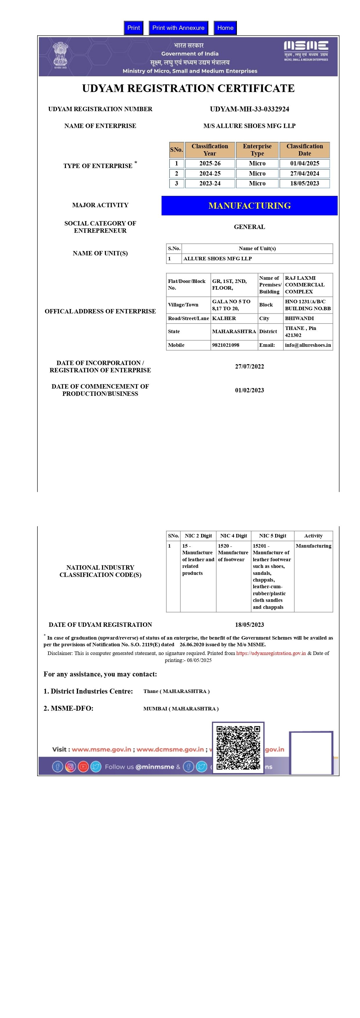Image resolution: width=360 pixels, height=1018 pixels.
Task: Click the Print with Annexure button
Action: pyautogui.click(x=178, y=28)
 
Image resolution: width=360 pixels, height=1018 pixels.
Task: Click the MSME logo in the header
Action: pyautogui.click(x=306, y=50)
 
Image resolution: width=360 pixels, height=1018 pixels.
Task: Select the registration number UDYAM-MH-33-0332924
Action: pyautogui.click(x=249, y=109)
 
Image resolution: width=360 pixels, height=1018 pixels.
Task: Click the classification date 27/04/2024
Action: pyautogui.click(x=304, y=174)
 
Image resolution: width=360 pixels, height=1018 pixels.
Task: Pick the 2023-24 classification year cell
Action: pyautogui.click(x=210, y=183)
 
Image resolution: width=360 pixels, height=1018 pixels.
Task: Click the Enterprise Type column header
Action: pyautogui.click(x=257, y=150)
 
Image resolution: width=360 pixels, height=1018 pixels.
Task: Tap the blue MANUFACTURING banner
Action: pyautogui.click(x=249, y=205)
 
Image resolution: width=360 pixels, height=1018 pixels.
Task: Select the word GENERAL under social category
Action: pyautogui.click(x=249, y=227)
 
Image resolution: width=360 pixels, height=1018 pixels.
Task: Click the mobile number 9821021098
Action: pyautogui.click(x=226, y=345)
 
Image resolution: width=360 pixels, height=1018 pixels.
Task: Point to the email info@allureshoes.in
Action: pyautogui.click(x=308, y=345)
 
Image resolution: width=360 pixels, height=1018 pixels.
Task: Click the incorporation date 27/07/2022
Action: pyautogui.click(x=249, y=366)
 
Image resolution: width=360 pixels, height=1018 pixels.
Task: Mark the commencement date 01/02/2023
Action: pyautogui.click(x=249, y=390)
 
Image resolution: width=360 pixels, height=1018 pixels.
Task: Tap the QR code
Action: pyautogui.click(x=238, y=747)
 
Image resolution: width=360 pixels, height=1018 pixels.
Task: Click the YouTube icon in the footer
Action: pyautogui.click(x=83, y=767)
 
